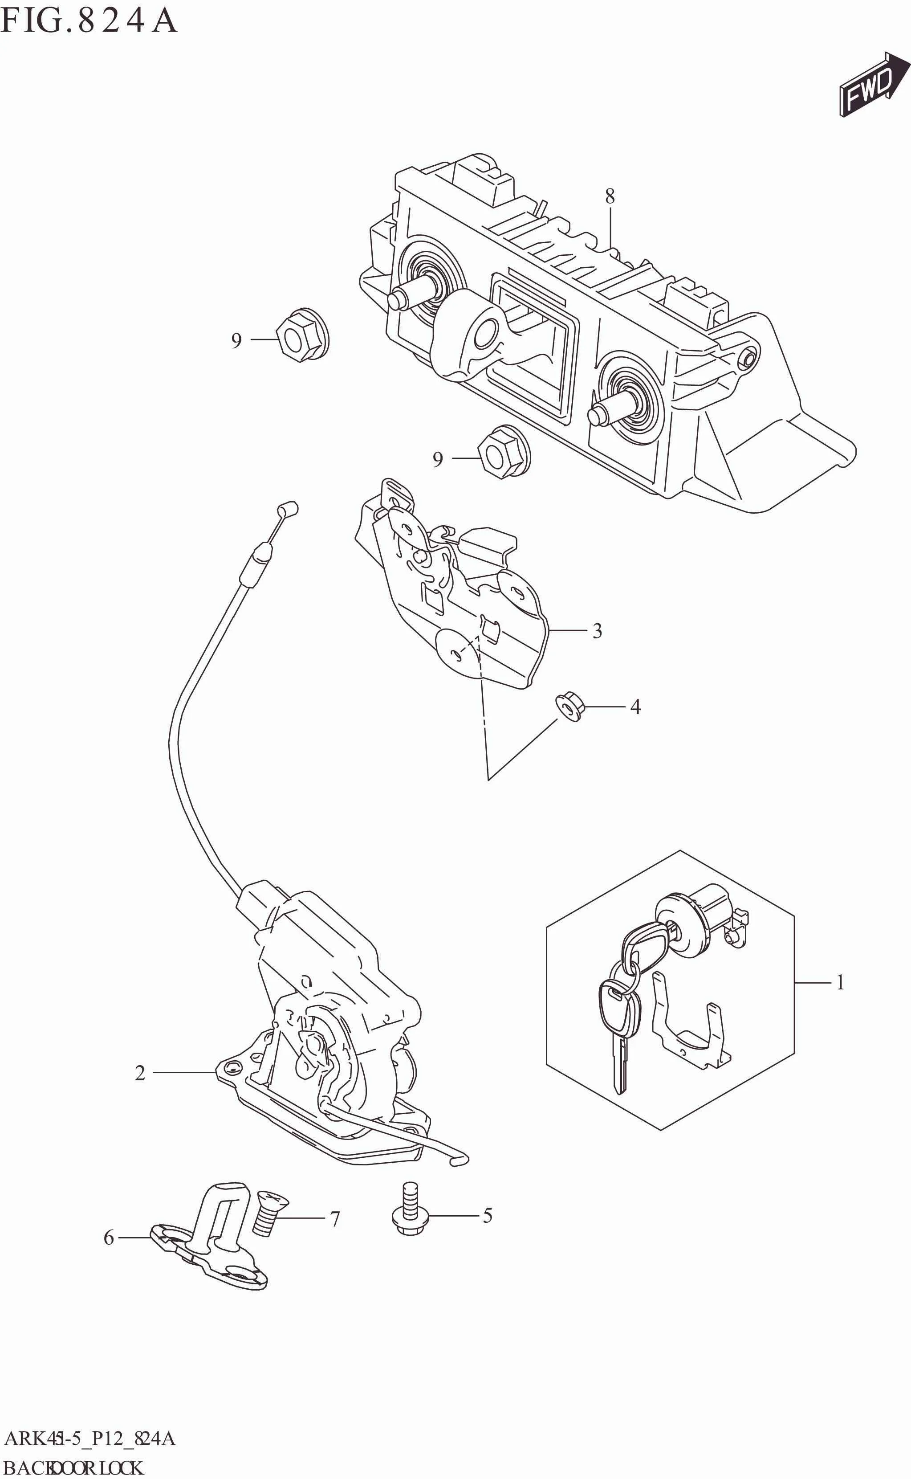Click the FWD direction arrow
pos(874,85)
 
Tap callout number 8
pos(610,196)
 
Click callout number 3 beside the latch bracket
pos(597,631)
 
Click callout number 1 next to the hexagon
pos(840,983)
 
